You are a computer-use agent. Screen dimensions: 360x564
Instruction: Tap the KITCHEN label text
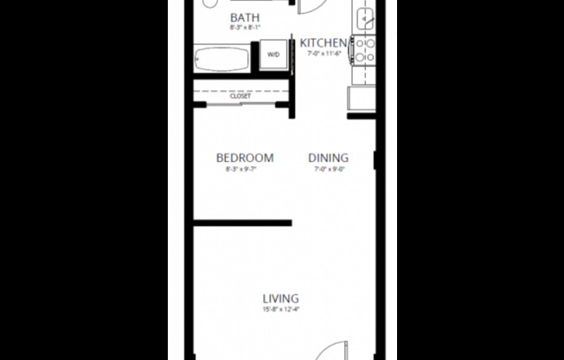coord(324,42)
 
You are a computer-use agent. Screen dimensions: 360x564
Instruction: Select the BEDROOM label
coord(245,157)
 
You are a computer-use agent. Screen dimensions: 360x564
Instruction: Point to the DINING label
coord(329,157)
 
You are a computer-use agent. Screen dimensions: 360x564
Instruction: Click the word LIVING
coord(281,299)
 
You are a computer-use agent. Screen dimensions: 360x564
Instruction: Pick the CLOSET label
coord(240,96)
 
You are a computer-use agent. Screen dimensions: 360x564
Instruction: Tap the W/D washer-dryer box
coord(273,55)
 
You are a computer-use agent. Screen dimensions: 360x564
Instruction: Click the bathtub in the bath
coord(223,61)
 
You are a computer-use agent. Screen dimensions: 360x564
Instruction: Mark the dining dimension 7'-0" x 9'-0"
coord(329,170)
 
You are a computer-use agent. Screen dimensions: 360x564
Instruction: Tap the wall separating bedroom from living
coord(242,223)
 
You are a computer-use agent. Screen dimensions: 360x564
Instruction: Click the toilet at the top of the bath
coord(210,3)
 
